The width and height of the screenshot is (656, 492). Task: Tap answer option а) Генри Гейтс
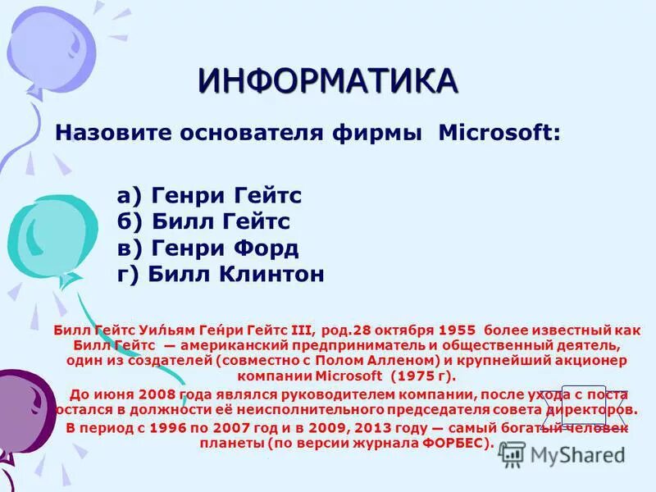tap(210, 196)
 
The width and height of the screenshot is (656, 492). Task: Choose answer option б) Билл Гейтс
tap(204, 221)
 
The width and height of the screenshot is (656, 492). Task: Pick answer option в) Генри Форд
tap(208, 248)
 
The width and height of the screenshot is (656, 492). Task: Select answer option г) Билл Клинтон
tap(221, 274)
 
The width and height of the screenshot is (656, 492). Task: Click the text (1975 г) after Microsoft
tap(422, 376)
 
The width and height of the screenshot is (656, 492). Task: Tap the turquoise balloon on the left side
tap(45, 234)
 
